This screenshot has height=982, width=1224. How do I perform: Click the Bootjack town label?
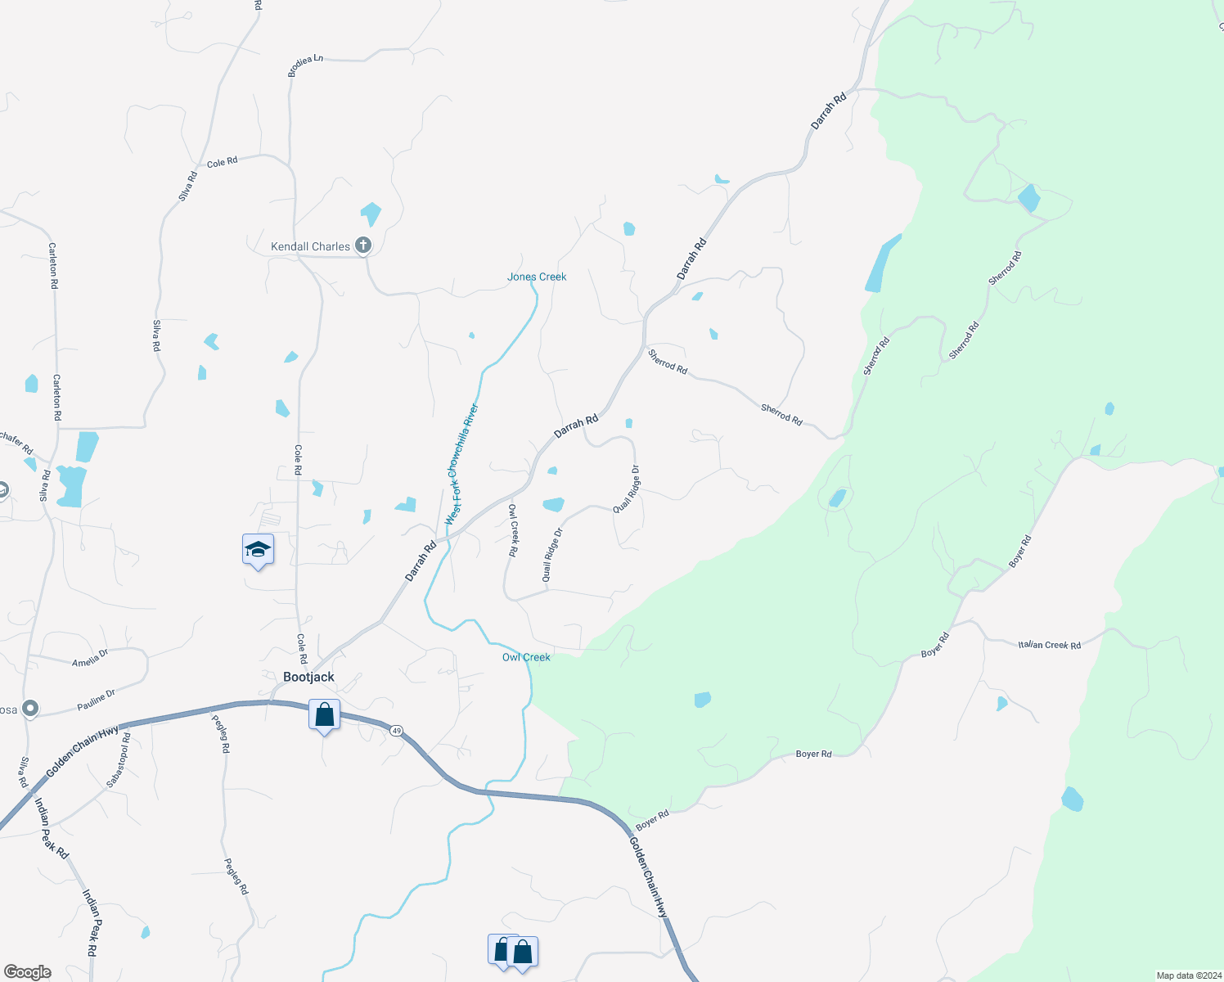tap(308, 677)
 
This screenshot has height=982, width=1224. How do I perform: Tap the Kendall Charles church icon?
tap(363, 245)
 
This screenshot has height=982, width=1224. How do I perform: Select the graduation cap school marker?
tap(258, 550)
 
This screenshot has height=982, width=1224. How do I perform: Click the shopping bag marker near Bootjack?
tap(325, 715)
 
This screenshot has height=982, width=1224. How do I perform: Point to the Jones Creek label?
tap(537, 277)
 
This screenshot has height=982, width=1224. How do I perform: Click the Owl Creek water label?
tap(526, 657)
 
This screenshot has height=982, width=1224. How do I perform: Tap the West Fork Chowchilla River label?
tap(461, 465)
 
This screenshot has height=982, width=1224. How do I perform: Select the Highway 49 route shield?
tap(397, 730)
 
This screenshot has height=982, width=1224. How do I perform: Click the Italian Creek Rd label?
tap(1049, 645)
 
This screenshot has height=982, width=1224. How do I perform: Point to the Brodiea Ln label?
tap(305, 66)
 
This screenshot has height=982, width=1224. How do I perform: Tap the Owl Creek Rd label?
tap(513, 530)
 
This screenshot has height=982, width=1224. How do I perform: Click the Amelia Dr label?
tap(90, 658)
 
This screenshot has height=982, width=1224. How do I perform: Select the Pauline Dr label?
tap(97, 699)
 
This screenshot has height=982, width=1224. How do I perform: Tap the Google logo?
tap(27, 972)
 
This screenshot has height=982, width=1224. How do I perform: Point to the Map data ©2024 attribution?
tap(1187, 975)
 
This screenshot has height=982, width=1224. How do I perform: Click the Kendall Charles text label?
tap(310, 246)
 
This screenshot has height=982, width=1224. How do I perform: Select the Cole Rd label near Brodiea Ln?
tap(222, 163)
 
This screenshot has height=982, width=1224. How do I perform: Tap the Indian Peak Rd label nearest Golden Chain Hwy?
tap(52, 827)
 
